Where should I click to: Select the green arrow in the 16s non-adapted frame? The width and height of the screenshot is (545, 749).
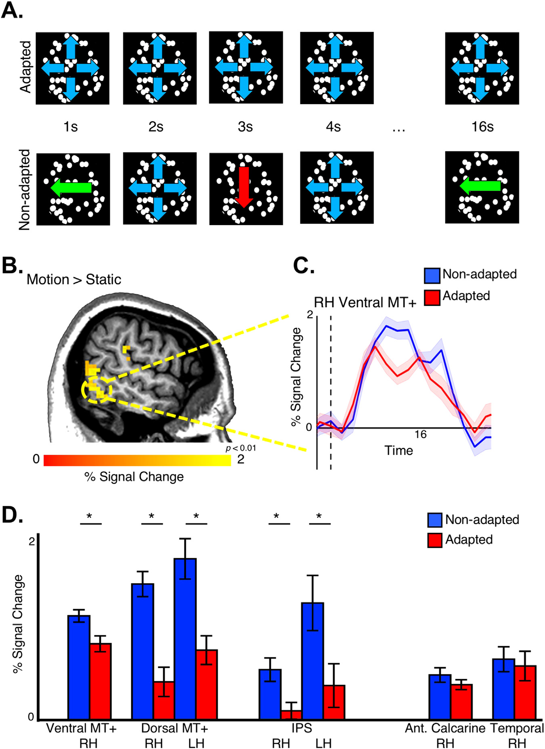(480, 186)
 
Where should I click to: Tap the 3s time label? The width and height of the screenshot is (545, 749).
(245, 127)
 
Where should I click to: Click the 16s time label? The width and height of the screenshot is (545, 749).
(482, 127)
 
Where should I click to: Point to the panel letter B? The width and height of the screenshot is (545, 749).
(11, 266)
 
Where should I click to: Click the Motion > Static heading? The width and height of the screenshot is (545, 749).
(74, 279)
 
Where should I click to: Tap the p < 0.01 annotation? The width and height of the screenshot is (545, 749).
(241, 448)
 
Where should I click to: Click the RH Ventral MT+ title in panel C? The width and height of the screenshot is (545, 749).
(365, 302)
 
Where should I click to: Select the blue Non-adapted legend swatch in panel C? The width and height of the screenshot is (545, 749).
(432, 275)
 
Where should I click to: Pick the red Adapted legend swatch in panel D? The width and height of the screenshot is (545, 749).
(435, 540)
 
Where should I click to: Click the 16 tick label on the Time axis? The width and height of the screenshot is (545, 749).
(420, 434)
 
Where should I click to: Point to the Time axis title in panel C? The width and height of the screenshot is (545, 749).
(398, 450)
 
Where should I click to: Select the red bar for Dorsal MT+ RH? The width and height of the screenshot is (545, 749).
(163, 700)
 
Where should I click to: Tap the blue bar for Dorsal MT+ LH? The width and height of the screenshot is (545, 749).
(185, 638)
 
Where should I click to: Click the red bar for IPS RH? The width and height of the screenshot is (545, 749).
(291, 715)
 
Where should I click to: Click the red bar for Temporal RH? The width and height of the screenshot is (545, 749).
(525, 692)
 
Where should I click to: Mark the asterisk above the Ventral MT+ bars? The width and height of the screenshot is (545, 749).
(90, 516)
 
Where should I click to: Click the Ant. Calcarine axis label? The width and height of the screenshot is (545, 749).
(445, 728)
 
